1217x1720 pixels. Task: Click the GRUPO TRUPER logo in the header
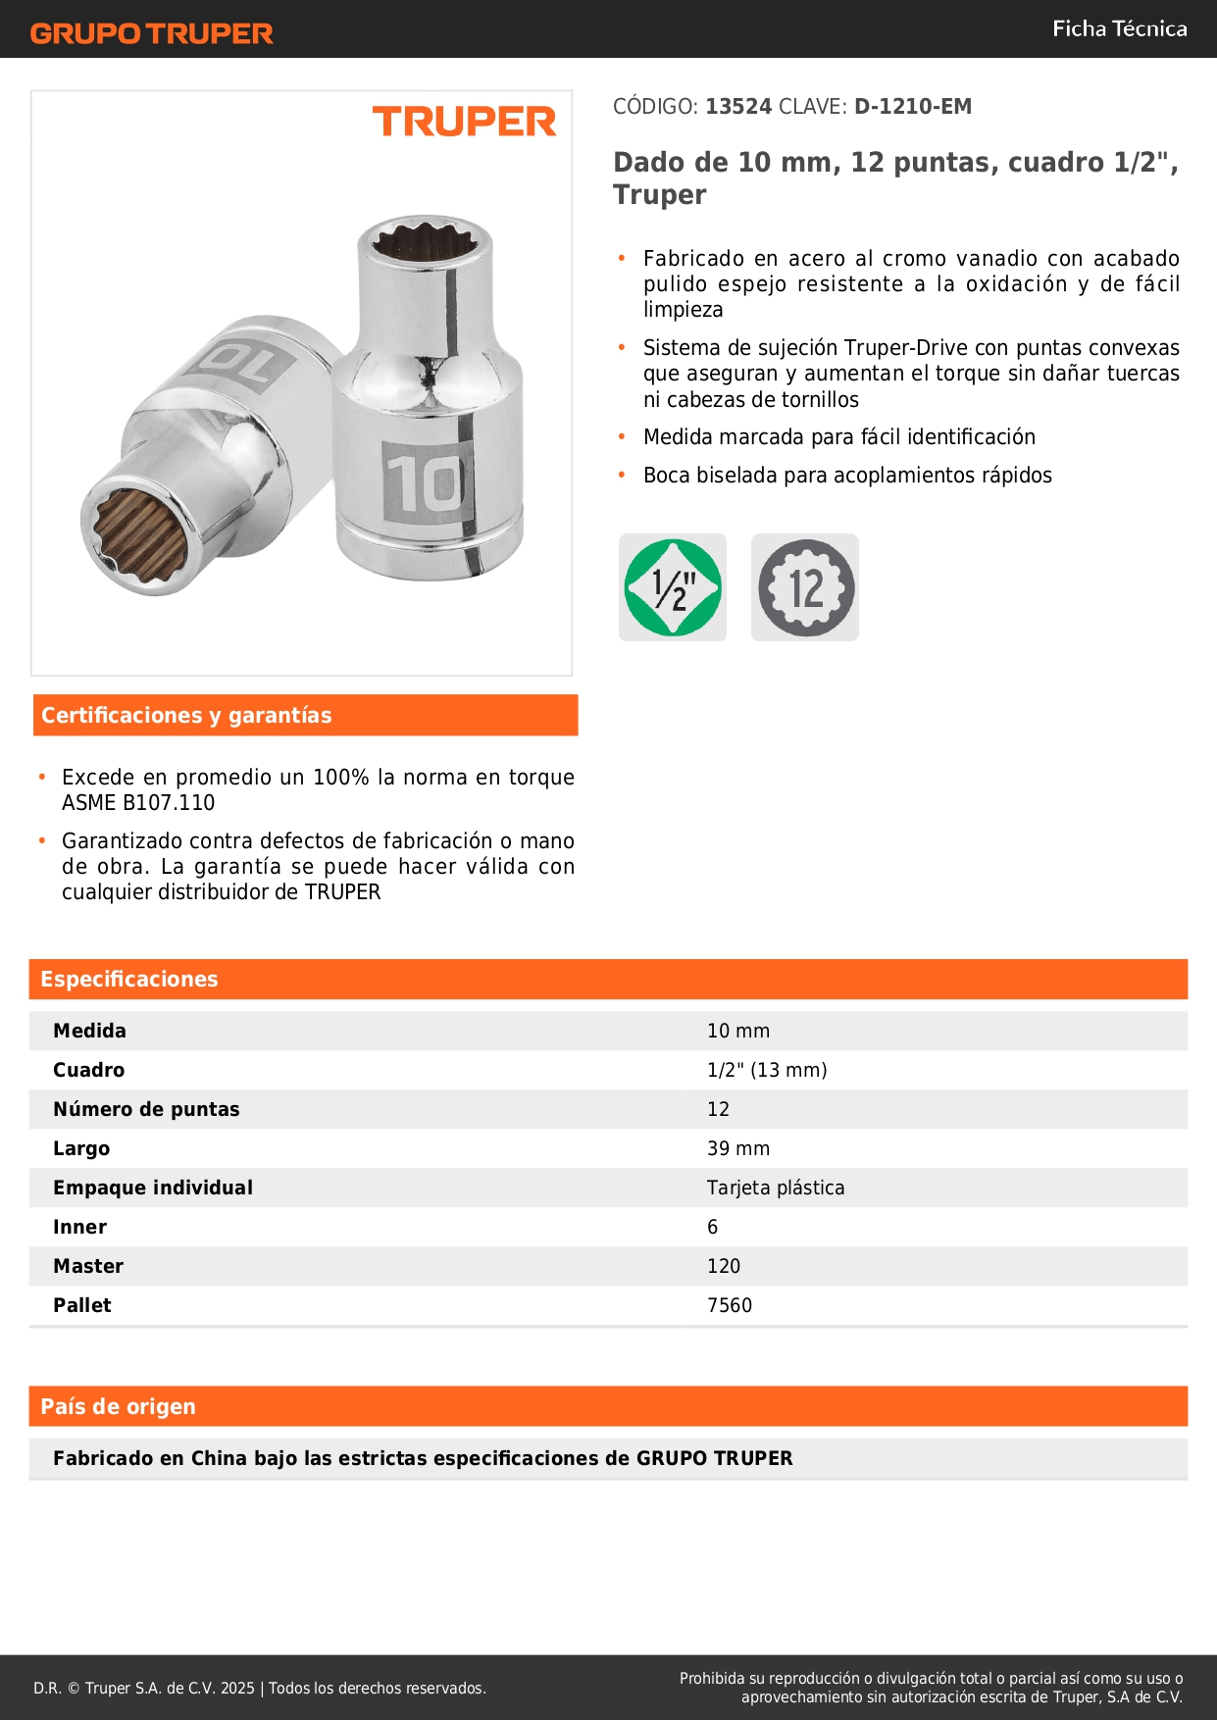[152, 33]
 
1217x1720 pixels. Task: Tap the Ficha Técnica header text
[1119, 28]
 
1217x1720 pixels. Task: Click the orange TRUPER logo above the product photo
[464, 122]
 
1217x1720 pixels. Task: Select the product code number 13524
[738, 107]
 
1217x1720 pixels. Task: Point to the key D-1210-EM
[913, 107]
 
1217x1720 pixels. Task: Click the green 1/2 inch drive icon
[673, 587]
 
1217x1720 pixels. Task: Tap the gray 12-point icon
[805, 587]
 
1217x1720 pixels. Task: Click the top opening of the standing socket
[425, 240]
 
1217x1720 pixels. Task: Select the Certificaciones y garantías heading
[186, 716]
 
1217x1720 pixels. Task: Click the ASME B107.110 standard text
[138, 803]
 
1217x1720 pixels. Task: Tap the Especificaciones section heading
[129, 980]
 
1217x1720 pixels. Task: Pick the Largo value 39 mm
[738, 1148]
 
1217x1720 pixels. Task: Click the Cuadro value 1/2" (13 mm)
[767, 1070]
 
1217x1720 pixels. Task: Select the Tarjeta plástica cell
[776, 1188]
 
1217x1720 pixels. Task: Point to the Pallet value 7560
[730, 1305]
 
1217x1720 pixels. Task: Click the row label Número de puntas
[146, 1109]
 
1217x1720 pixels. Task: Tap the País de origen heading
[118, 1407]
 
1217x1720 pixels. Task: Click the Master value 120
[724, 1266]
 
